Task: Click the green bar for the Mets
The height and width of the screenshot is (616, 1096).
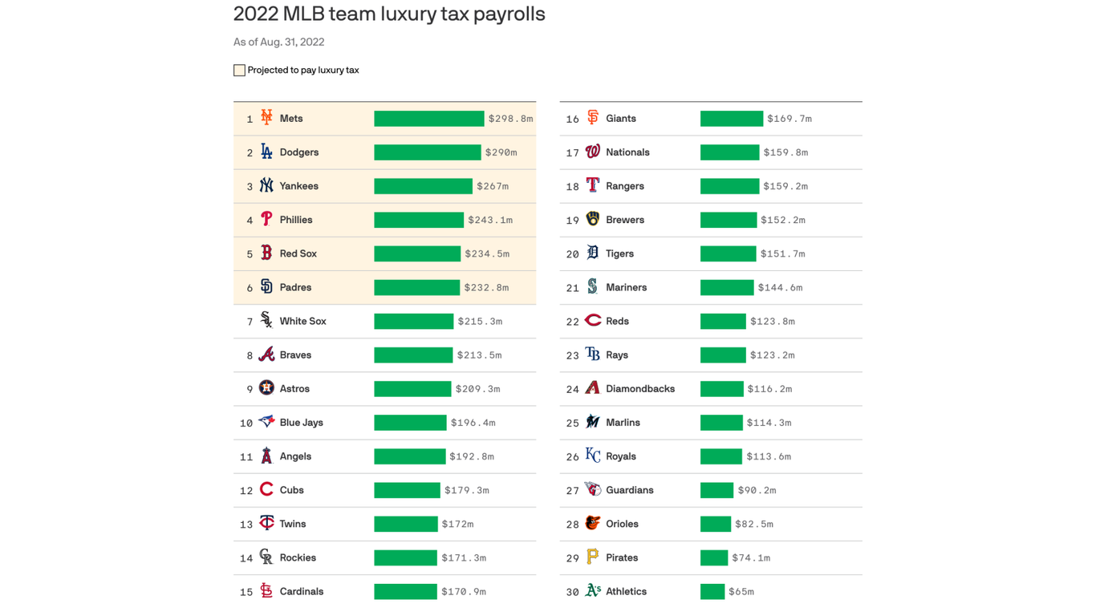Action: click(x=428, y=119)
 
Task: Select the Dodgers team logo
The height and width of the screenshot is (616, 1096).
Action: click(x=266, y=152)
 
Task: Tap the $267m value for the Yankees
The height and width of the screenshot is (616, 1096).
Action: click(x=493, y=186)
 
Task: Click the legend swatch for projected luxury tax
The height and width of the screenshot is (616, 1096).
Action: click(x=239, y=71)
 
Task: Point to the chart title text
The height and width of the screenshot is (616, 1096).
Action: click(x=389, y=14)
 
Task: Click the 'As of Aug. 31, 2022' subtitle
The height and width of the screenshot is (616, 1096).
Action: click(x=278, y=43)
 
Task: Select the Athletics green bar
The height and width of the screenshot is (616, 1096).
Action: click(x=712, y=592)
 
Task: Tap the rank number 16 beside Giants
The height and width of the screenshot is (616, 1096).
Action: click(x=572, y=120)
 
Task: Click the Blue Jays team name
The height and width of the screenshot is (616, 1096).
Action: click(x=301, y=423)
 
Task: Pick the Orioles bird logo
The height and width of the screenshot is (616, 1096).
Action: click(x=592, y=523)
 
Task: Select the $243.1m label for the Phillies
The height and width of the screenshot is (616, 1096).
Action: click(x=490, y=220)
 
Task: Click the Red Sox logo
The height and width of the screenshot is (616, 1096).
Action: click(x=266, y=253)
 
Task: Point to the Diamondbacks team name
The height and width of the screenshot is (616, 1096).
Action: click(x=639, y=389)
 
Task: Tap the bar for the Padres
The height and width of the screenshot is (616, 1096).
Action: click(x=416, y=287)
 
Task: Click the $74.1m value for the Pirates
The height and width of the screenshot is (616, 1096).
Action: click(x=751, y=558)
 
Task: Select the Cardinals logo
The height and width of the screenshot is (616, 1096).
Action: click(x=266, y=591)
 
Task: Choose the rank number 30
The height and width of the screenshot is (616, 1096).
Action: click(x=572, y=593)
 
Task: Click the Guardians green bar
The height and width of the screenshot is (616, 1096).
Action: click(x=716, y=490)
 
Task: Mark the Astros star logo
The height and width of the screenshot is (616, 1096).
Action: click(x=266, y=388)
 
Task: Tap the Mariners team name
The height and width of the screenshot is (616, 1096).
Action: click(x=626, y=287)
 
